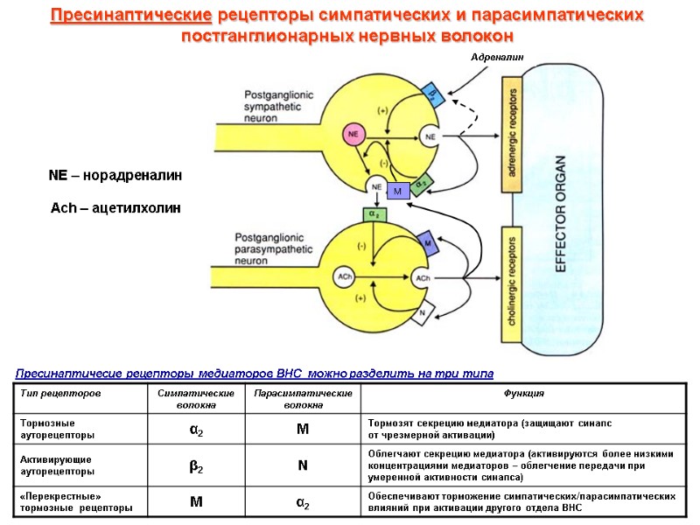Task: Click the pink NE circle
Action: point(354,134)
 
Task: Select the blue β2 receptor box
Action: point(432,94)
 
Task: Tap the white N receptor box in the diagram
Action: point(423,312)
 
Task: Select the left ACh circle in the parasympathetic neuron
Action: point(346,277)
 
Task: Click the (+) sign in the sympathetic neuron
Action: point(382,110)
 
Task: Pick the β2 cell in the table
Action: point(197,466)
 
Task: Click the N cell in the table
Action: point(302,466)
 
